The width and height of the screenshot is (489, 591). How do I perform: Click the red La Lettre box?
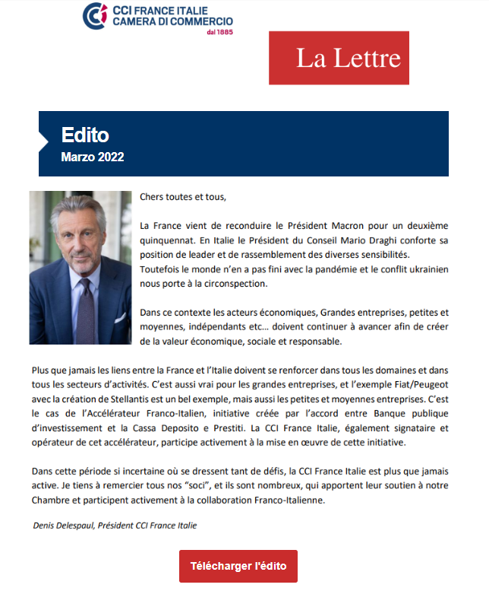pyautogui.click(x=339, y=58)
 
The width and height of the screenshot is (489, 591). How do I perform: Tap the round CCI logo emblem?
pyautogui.click(x=95, y=15)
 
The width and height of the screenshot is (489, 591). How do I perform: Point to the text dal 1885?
pyautogui.click(x=218, y=33)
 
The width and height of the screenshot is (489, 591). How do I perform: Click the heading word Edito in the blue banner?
pyautogui.click(x=85, y=135)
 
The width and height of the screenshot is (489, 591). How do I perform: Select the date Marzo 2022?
pyautogui.click(x=92, y=157)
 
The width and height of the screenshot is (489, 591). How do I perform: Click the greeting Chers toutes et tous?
pyautogui.click(x=183, y=197)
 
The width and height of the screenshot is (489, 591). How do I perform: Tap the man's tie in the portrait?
pyautogui.click(x=86, y=310)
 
